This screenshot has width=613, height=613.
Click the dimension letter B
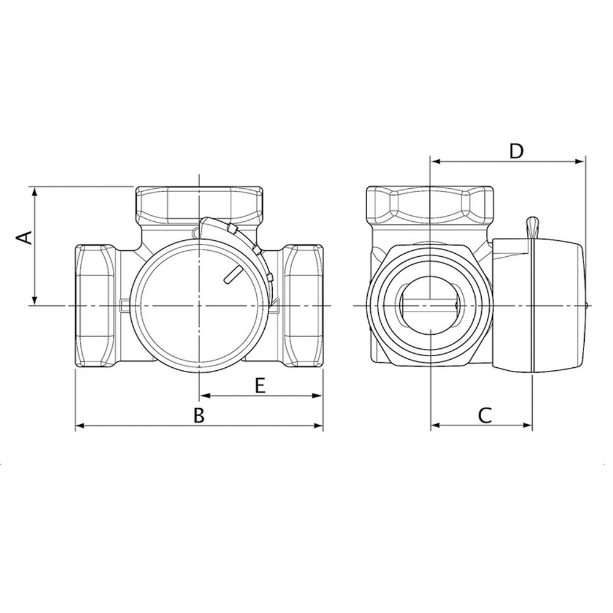tap(197, 416)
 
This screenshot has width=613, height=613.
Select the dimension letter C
tap(484, 416)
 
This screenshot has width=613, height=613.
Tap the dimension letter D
tap(516, 151)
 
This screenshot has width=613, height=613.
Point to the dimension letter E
tap(259, 386)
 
